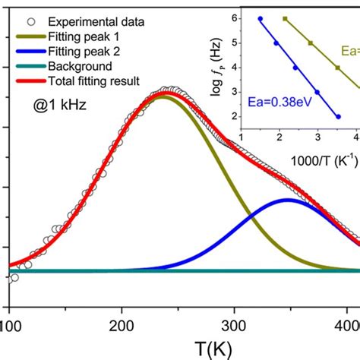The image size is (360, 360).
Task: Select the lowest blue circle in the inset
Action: pos(338,117)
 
